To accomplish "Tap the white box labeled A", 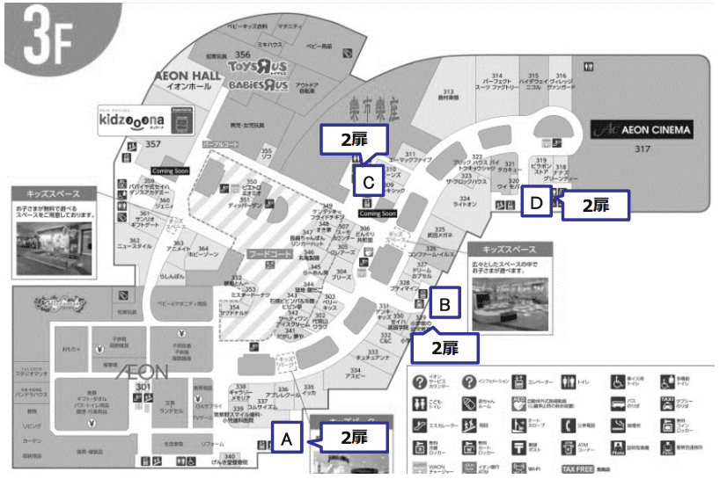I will [287, 436].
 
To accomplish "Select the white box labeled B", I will [445, 305].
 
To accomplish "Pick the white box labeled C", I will [369, 182].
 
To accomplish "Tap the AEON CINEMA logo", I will [642, 130].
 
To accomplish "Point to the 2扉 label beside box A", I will [353, 437].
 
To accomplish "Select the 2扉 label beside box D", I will [596, 205].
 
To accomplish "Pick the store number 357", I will [154, 143].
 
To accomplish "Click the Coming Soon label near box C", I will [378, 214].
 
